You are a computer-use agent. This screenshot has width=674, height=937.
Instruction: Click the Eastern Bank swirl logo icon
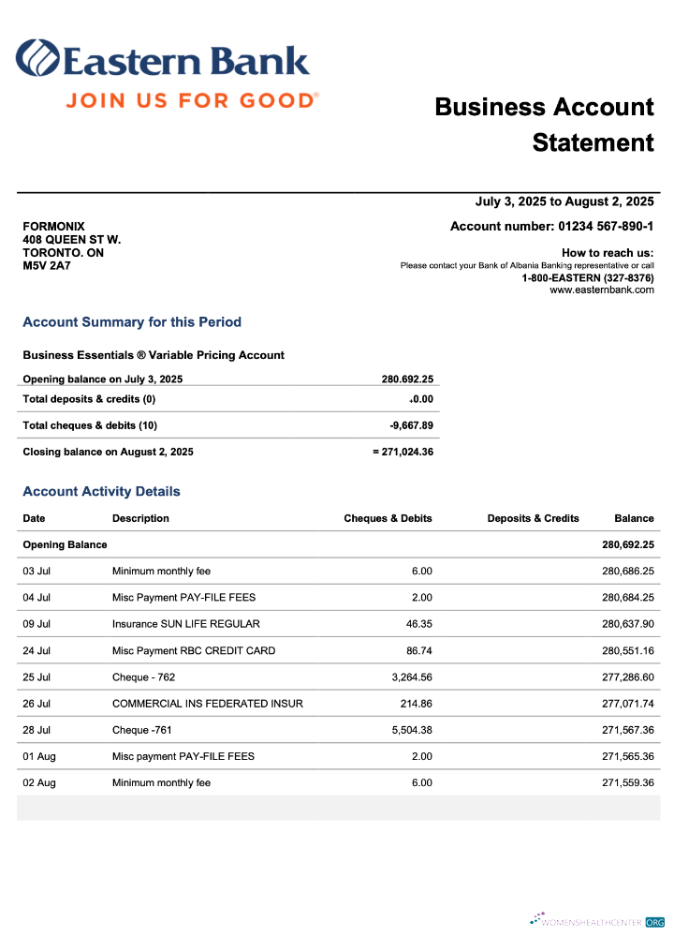click(x=37, y=59)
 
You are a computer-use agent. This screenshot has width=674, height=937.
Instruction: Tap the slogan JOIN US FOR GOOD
click(x=192, y=99)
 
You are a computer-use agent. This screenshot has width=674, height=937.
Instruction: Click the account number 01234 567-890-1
click(x=606, y=226)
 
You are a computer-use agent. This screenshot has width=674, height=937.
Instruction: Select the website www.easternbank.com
click(x=601, y=290)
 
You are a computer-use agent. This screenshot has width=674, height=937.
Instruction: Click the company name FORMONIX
click(x=53, y=227)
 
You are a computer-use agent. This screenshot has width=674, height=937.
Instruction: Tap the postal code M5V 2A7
click(x=46, y=266)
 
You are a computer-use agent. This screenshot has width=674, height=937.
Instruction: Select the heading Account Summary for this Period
click(x=132, y=322)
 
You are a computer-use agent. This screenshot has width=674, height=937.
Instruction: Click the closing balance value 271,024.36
click(x=407, y=452)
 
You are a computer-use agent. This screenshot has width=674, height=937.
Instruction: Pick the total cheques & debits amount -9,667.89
click(x=411, y=425)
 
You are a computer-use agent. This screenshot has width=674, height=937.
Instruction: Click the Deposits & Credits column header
click(x=533, y=518)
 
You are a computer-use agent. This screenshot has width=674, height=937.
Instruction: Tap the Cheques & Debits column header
click(x=388, y=518)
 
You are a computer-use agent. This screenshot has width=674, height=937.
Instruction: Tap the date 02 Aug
click(x=38, y=782)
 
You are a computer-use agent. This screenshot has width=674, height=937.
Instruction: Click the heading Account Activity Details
click(x=101, y=492)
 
